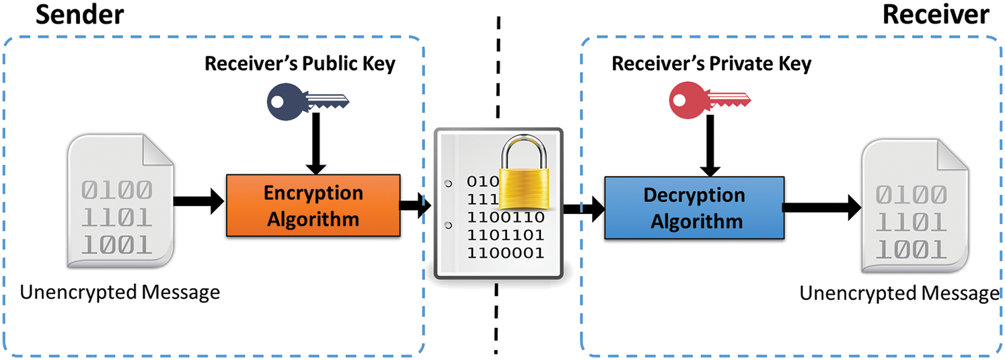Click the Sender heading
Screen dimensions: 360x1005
click(x=81, y=15)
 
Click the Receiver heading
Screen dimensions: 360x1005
click(x=936, y=15)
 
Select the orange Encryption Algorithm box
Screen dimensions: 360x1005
click(x=313, y=206)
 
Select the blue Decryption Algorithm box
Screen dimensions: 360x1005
click(x=694, y=207)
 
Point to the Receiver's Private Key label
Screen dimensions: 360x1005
click(x=711, y=64)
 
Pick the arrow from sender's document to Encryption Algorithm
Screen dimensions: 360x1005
click(x=198, y=200)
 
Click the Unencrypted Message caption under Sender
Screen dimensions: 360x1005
click(x=120, y=293)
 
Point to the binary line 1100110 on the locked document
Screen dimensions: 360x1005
click(x=505, y=217)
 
